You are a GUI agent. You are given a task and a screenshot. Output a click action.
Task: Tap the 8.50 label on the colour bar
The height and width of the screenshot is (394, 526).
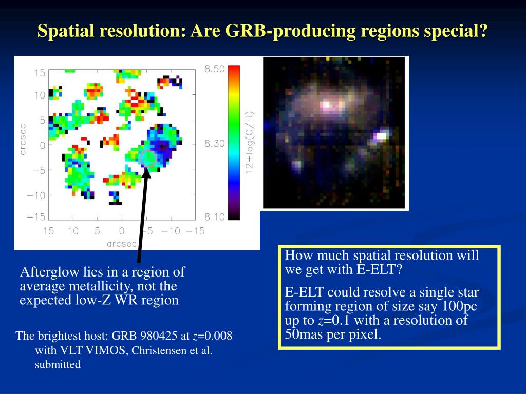tap(214, 69)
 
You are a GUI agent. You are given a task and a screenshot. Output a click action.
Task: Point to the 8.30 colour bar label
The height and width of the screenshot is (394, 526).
tap(214, 144)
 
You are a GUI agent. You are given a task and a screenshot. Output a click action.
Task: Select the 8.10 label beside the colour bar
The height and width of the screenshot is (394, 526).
tap(214, 217)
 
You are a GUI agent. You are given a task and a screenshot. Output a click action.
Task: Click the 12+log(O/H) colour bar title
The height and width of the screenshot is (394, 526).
tap(250, 143)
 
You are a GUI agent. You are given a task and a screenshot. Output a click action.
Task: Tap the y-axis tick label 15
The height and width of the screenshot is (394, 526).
tap(40, 73)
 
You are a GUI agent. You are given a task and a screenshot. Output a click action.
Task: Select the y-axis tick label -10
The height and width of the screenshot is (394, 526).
tap(36, 195)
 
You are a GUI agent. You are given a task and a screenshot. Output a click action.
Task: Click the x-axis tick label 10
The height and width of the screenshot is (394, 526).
tap(73, 231)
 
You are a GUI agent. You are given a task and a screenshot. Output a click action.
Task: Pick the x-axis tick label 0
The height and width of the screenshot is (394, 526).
tap(121, 231)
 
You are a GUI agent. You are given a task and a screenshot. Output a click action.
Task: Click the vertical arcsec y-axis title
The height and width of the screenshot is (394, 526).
tap(23, 140)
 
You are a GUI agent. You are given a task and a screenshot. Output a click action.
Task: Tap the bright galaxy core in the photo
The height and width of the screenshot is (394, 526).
tap(328, 105)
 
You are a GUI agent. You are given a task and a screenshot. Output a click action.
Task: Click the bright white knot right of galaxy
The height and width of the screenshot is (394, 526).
tap(381, 135)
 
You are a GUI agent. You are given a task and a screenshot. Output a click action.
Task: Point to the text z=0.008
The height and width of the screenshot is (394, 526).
tap(213, 336)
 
